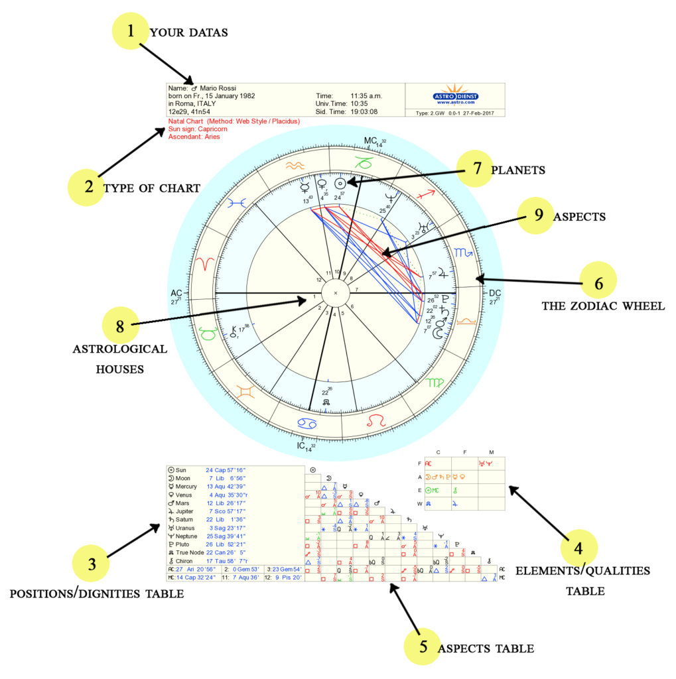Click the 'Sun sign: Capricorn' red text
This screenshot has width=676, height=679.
tap(198, 129)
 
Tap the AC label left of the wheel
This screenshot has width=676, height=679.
tap(176, 293)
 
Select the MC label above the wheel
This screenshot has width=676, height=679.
tap(371, 141)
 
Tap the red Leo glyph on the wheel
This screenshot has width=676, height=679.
tap(375, 420)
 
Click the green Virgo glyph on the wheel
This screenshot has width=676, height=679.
tap(435, 383)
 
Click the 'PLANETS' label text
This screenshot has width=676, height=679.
tap(518, 170)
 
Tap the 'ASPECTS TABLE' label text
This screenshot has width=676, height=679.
tap(486, 648)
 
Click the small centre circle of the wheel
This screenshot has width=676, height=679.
tap(335, 292)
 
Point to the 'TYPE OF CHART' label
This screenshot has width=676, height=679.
tap(151, 188)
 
